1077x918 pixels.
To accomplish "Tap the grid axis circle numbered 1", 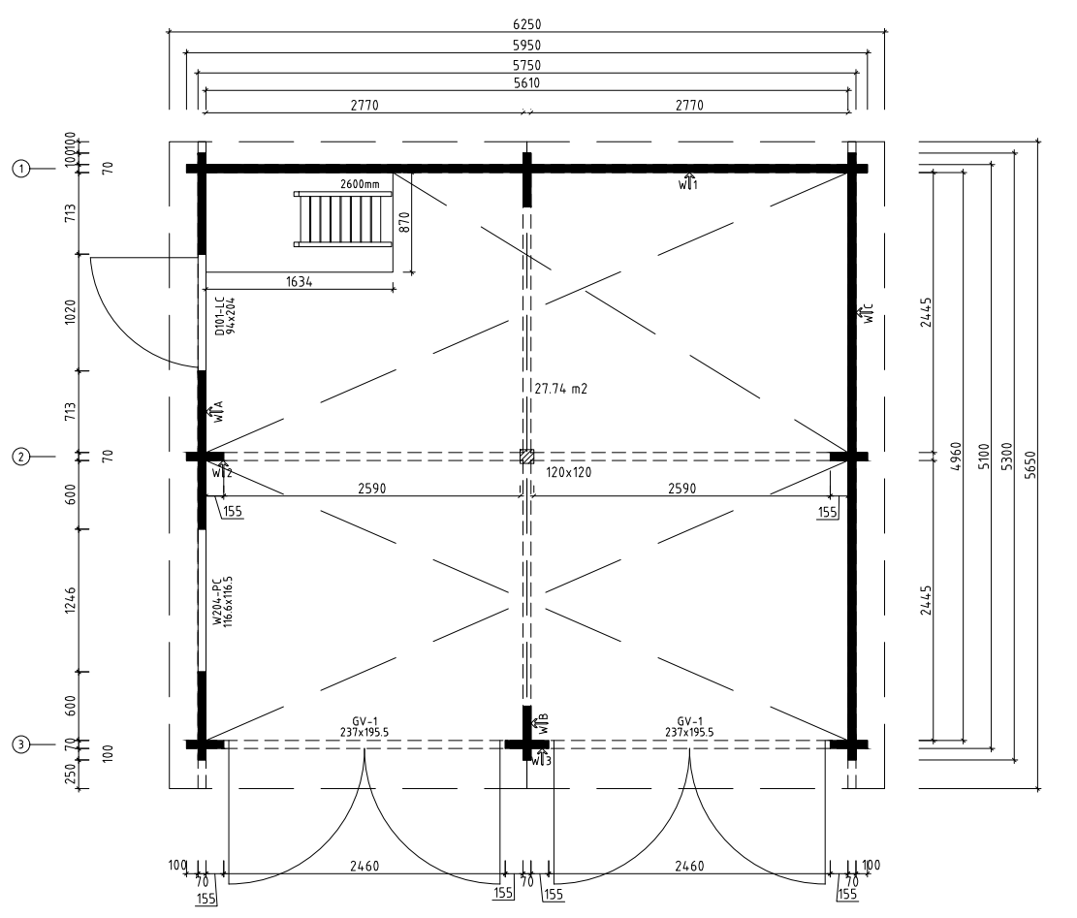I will (x=19, y=168).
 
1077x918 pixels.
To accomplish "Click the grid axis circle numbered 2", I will (x=19, y=455).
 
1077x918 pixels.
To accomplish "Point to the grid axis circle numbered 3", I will (x=19, y=744).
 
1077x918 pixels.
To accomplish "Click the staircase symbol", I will (x=343, y=219).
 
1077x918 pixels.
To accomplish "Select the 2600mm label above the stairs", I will (x=360, y=184).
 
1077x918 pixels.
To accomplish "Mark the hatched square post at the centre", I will (x=526, y=456).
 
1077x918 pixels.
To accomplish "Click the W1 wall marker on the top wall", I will (x=687, y=182).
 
